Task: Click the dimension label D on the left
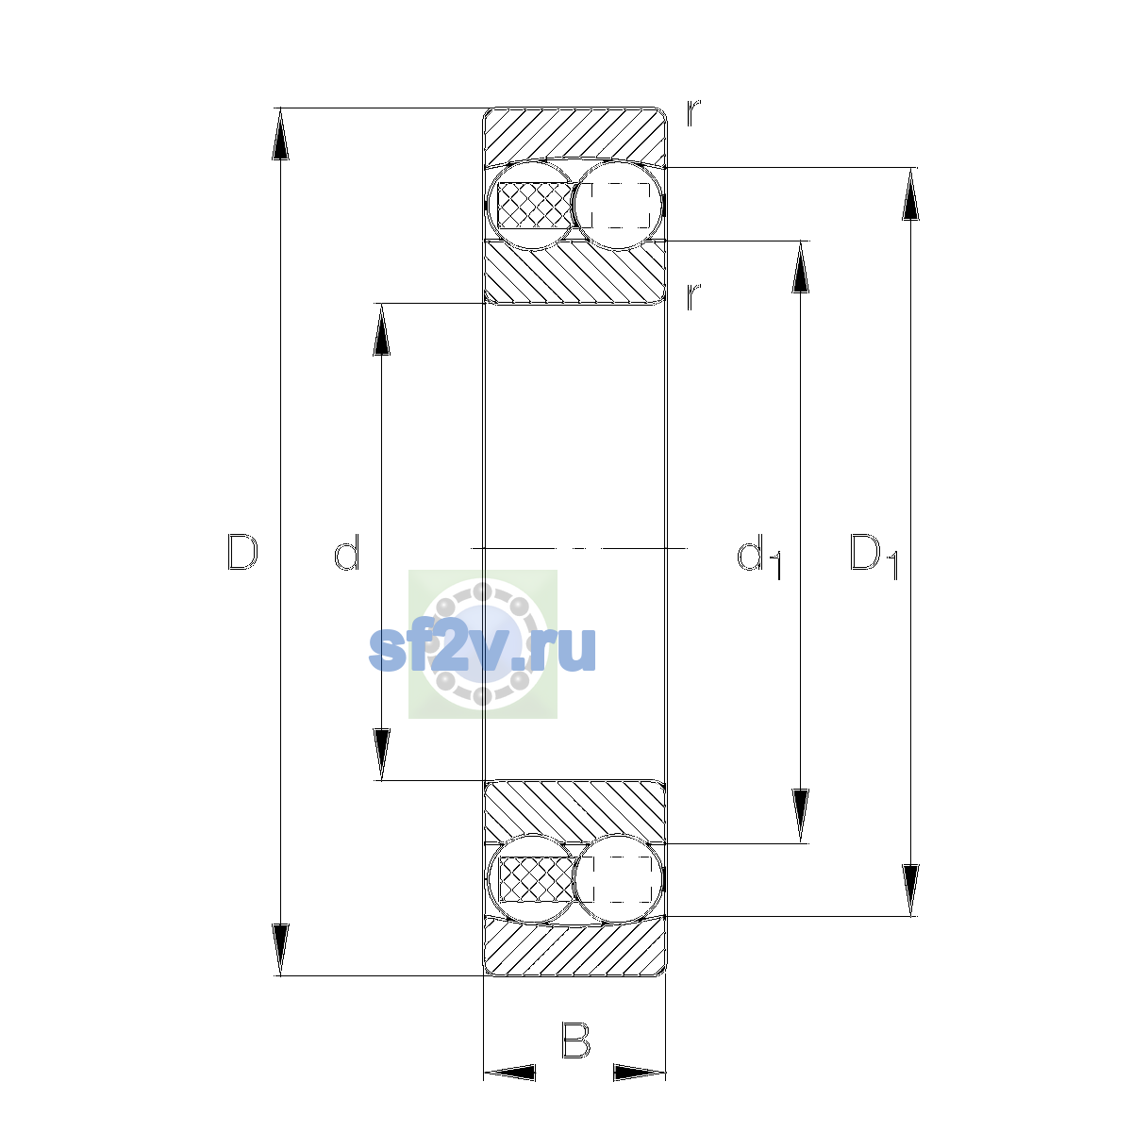(242, 552)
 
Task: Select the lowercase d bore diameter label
(346, 552)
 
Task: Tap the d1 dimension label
(758, 557)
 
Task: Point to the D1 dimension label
(874, 557)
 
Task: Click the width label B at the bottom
(575, 1040)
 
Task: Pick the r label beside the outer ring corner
(693, 113)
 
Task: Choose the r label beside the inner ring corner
(693, 296)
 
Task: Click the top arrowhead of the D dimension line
(280, 134)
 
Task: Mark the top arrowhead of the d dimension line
(381, 329)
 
